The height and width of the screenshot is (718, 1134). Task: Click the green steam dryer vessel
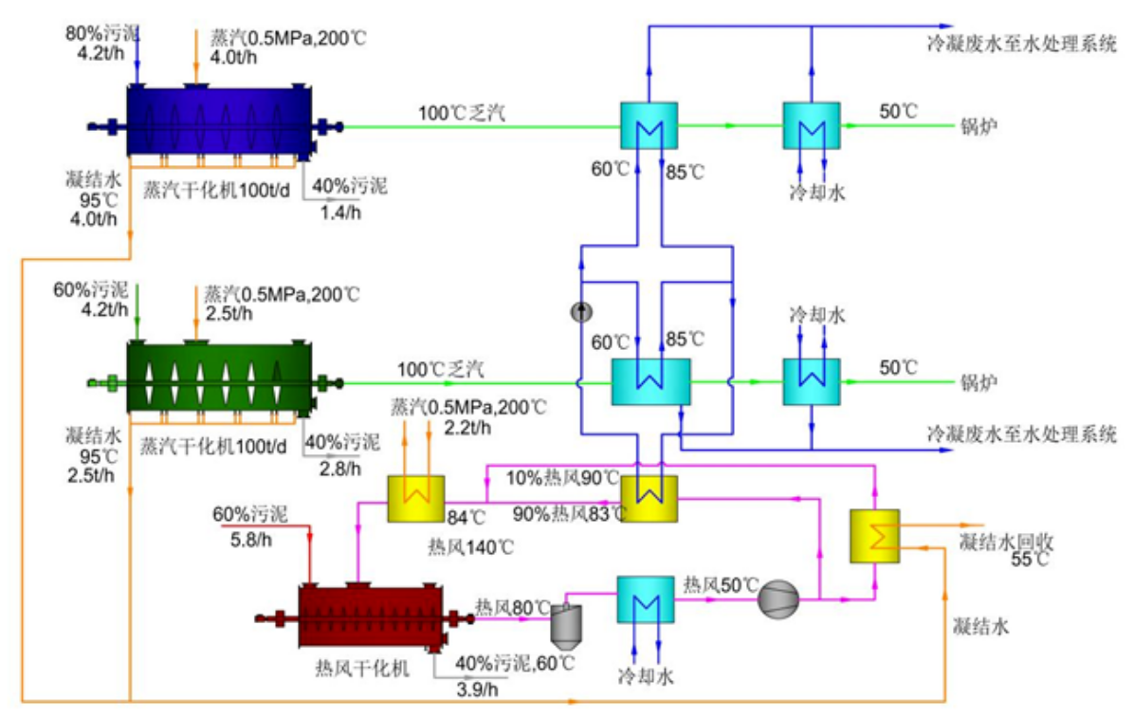218,377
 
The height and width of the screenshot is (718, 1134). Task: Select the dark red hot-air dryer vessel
371,616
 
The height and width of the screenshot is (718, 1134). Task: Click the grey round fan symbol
778,599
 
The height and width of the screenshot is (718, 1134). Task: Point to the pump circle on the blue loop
581,312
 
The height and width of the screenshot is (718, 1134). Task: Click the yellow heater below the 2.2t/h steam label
416,498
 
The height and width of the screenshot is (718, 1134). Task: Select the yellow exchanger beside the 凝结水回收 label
874,536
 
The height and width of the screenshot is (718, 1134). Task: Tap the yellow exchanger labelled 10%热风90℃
649,498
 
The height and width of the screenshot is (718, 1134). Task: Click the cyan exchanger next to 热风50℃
645,599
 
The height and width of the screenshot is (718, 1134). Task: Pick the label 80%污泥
102,32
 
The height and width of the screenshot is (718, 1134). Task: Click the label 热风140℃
471,547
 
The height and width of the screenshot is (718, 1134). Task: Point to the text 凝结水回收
1006,541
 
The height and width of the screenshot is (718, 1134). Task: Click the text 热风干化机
361,668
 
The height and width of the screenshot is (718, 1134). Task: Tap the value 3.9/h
477,689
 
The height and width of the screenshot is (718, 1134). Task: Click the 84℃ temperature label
466,518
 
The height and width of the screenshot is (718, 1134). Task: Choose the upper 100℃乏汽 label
462,113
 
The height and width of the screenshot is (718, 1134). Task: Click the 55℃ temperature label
1030,559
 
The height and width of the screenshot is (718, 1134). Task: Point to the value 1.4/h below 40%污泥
340,212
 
